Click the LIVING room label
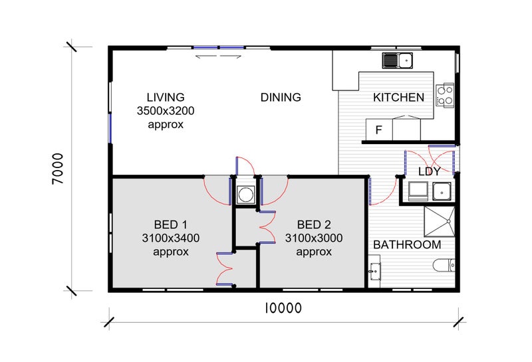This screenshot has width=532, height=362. tap(166, 97)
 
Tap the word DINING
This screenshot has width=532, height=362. tap(281, 97)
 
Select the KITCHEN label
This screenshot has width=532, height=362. tap(398, 97)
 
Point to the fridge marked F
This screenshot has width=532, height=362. tap(379, 129)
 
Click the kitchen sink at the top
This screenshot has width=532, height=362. tap(397, 60)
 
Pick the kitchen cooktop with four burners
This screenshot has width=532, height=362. tap(445, 95)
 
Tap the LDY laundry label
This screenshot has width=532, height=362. tap(429, 171)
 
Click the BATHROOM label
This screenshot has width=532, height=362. tap(407, 244)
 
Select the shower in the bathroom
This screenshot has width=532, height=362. tap(440, 221)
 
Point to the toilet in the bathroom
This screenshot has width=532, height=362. tap(444, 266)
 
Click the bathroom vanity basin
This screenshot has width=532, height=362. tap(374, 272)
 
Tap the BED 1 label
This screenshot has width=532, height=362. tap(170, 225)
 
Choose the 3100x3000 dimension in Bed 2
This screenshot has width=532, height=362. tap(313, 238)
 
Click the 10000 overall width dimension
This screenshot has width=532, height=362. tap(283, 308)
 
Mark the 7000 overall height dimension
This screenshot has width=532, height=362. tap(58, 169)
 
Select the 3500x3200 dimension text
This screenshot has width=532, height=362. tap(166, 110)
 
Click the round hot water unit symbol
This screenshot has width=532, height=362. tap(245, 195)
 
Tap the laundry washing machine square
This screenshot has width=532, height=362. tap(418, 191)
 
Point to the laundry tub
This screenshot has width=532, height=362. tap(442, 191)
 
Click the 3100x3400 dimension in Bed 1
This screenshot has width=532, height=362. tap(171, 238)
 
